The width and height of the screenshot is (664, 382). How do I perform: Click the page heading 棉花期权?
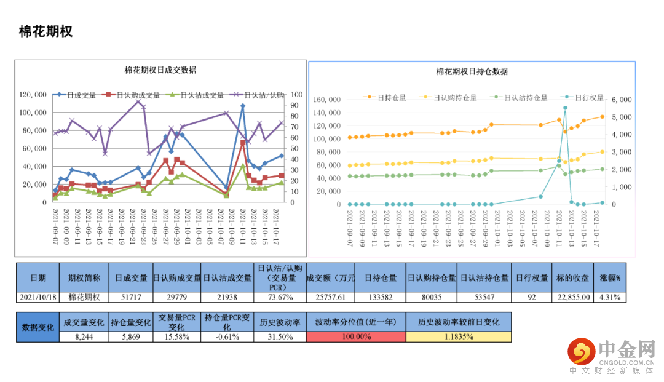(x=45, y=31)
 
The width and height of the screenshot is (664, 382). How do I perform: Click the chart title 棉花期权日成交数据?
(x=160, y=70)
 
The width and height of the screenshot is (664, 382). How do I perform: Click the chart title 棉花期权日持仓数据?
(x=472, y=71)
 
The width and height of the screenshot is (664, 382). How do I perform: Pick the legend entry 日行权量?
(x=585, y=97)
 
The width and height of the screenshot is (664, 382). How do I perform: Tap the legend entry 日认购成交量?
(x=138, y=95)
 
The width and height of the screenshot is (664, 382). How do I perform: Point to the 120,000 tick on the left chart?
(x=33, y=95)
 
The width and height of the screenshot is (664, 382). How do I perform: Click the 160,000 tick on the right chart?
(x=326, y=100)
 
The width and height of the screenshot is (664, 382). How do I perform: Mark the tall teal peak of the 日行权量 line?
(x=565, y=108)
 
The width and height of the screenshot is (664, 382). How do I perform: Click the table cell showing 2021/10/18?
(x=38, y=297)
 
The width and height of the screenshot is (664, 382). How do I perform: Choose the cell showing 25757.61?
(x=330, y=297)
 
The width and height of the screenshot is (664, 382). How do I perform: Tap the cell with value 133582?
(x=381, y=297)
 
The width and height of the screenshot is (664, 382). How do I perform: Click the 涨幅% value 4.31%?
(x=610, y=297)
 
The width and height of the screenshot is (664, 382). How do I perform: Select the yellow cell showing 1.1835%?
(x=459, y=336)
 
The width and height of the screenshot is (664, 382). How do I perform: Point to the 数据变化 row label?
(x=38, y=327)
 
